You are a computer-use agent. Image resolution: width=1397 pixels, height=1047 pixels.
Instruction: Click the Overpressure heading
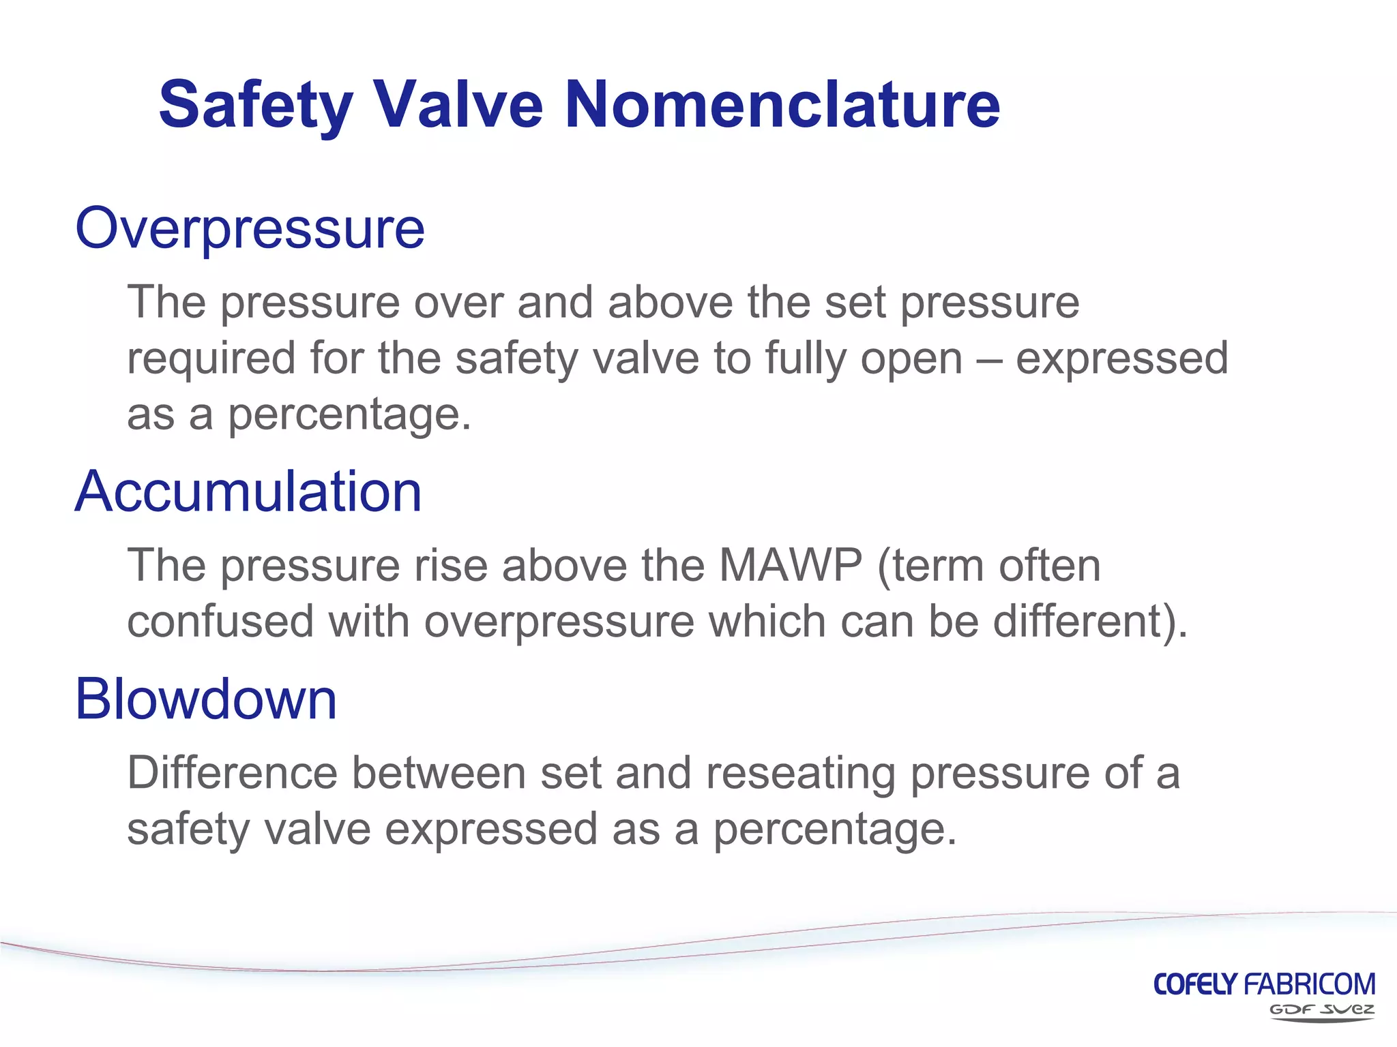pos(250,229)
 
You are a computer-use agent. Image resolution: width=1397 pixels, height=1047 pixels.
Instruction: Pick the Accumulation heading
pos(248,491)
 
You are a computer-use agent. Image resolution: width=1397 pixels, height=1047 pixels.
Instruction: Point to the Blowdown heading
pos(205,699)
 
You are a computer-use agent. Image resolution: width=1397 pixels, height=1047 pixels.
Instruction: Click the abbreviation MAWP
pos(791,565)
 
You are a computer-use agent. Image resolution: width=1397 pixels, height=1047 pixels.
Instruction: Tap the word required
pos(211,359)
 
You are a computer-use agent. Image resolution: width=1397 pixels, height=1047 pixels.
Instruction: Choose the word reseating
pos(801,774)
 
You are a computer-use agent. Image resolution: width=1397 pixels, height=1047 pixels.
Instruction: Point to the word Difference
pos(233,773)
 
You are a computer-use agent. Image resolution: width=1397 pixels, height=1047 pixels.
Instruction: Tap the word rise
pos(450,565)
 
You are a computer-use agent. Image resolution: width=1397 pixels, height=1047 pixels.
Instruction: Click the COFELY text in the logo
pos(1195,984)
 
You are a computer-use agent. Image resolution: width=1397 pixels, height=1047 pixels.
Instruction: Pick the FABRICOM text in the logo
pos(1310,984)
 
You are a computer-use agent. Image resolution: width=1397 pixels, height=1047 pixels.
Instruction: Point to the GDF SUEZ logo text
pos(1321,1010)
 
